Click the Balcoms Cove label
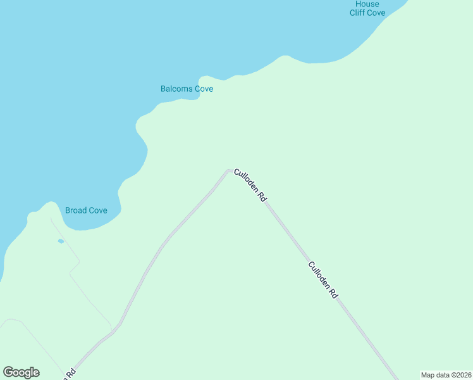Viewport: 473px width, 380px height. pyautogui.click(x=187, y=89)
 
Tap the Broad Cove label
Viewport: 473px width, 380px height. pyautogui.click(x=86, y=210)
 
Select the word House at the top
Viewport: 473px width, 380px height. pyautogui.click(x=367, y=4)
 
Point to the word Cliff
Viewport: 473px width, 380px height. pyautogui.click(x=357, y=13)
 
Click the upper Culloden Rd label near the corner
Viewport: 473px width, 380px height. pyautogui.click(x=250, y=185)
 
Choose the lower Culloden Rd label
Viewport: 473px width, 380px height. pyautogui.click(x=323, y=280)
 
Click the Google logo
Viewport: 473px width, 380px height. pyautogui.click(x=21, y=372)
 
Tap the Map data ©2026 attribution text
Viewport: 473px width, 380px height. pyautogui.click(x=446, y=375)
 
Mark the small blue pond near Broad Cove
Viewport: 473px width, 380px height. pyautogui.click(x=61, y=241)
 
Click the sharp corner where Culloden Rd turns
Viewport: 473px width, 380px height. pyautogui.click(x=228, y=170)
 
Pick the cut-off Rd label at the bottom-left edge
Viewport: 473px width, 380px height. pyautogui.click(x=70, y=374)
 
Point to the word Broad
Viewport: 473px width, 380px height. pyautogui.click(x=76, y=210)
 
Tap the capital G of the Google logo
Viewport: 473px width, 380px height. pyautogui.click(x=9, y=372)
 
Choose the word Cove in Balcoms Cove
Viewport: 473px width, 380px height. pyautogui.click(x=203, y=89)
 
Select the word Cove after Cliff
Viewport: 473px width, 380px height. pyautogui.click(x=377, y=13)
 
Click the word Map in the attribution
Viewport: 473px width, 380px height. pyautogui.click(x=427, y=375)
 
